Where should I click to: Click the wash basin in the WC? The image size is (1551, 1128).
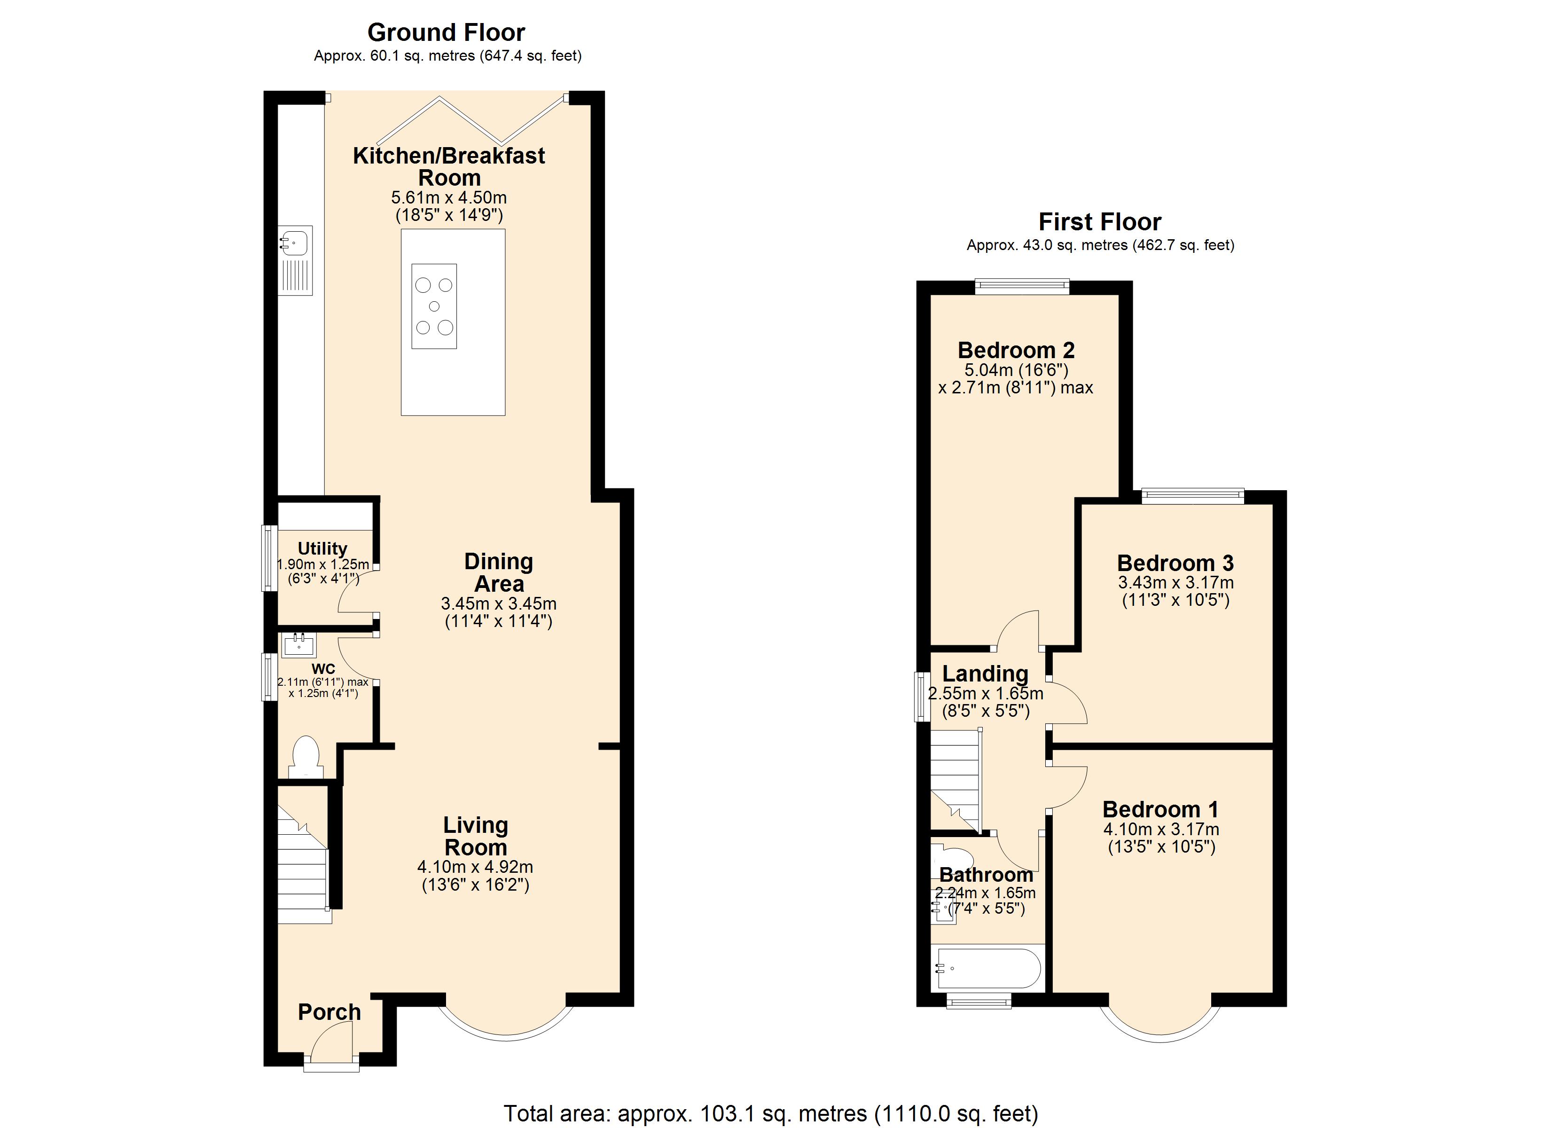pyautogui.click(x=299, y=644)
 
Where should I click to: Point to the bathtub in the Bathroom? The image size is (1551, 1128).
pyautogui.click(x=988, y=968)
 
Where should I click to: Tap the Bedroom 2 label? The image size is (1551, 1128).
pyautogui.click(x=1016, y=350)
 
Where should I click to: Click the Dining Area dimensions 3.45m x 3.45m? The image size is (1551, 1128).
pyautogui.click(x=499, y=604)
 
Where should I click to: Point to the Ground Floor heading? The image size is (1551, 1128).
pyautogui.click(x=446, y=32)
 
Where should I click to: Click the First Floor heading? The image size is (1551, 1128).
pyautogui.click(x=1100, y=222)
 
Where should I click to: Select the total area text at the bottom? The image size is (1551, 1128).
pyautogui.click(x=771, y=1113)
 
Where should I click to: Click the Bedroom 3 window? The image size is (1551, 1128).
pyautogui.click(x=1193, y=496)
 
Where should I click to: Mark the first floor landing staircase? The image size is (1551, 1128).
pyautogui.click(x=956, y=780)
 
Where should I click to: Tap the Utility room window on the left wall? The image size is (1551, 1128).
pyautogui.click(x=269, y=557)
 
